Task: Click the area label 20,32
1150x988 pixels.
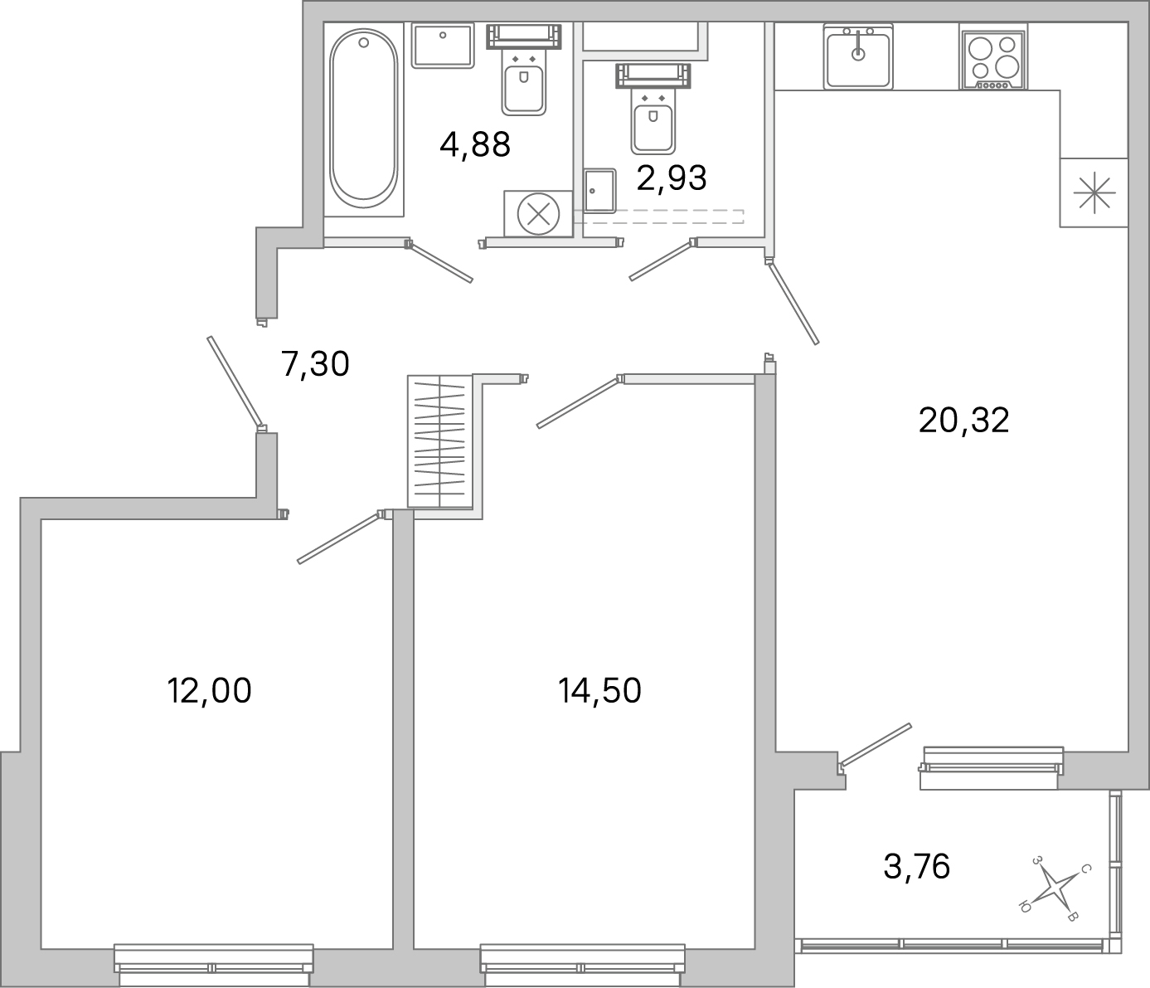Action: (x=963, y=421)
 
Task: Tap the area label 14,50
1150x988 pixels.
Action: (x=599, y=690)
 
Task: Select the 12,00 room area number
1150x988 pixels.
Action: (x=209, y=690)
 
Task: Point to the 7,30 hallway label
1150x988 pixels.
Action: (x=315, y=363)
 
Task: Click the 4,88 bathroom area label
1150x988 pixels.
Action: (x=474, y=144)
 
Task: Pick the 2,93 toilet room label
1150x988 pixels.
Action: (x=672, y=178)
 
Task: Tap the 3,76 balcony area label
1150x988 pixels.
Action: (x=916, y=867)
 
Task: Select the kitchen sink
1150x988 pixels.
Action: (x=857, y=56)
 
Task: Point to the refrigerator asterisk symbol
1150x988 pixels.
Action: (x=1094, y=192)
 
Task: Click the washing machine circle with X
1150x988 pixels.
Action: (x=537, y=214)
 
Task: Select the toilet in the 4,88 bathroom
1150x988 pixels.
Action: (x=523, y=80)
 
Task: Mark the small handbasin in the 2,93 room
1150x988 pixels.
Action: (x=599, y=192)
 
